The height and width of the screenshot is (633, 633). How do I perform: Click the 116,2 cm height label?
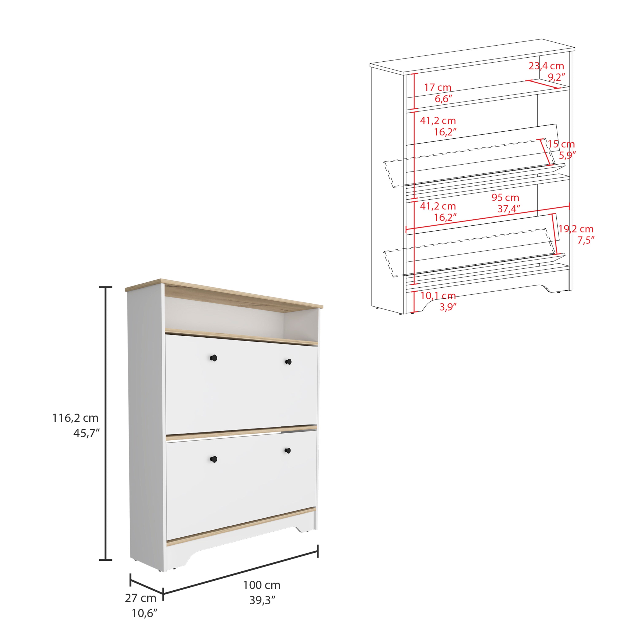(x=75, y=418)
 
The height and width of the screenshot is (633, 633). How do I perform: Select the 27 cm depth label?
(x=141, y=598)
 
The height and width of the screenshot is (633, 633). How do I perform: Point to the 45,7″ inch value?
(x=86, y=433)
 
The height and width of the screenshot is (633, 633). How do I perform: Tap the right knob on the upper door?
(x=288, y=362)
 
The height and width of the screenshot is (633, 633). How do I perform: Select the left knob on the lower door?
(x=213, y=459)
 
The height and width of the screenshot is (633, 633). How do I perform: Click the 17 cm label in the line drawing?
(x=438, y=88)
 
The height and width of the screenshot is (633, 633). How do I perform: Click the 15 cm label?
(x=561, y=144)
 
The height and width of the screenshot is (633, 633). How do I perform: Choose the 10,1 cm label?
(x=438, y=296)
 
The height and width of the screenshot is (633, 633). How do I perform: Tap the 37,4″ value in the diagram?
(x=509, y=209)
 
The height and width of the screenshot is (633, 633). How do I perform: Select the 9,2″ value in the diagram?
(x=557, y=77)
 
